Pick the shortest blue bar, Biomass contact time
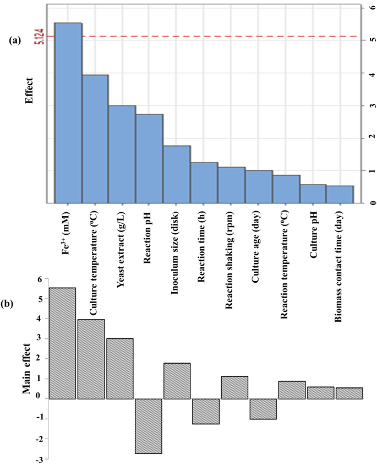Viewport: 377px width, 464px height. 340,194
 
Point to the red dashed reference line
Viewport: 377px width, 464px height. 220,36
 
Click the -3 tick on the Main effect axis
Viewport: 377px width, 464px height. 39,458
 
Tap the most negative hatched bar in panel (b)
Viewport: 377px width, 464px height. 149,425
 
